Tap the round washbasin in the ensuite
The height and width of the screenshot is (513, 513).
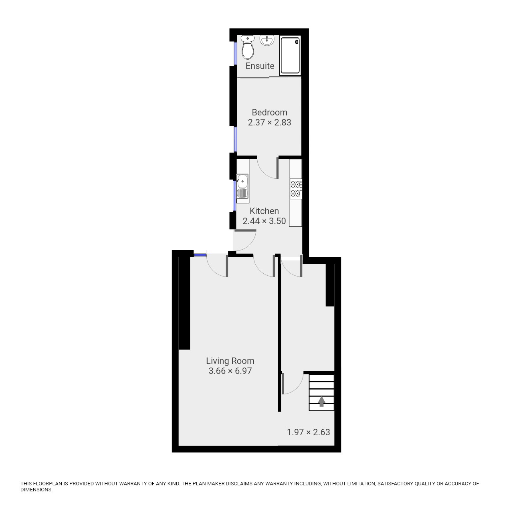click(x=267, y=40)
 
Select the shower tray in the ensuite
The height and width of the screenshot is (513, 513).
click(x=290, y=56)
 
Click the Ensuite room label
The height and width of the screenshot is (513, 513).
click(x=260, y=66)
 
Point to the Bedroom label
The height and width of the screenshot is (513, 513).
click(x=269, y=113)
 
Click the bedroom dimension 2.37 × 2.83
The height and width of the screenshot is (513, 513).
click(x=269, y=123)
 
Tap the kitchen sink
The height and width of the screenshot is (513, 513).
click(x=242, y=186)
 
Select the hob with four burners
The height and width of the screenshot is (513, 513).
click(x=296, y=189)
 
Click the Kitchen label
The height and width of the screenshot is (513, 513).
click(x=264, y=211)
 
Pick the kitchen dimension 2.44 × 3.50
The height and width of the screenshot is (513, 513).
click(x=264, y=221)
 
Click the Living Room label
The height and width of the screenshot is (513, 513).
click(x=230, y=361)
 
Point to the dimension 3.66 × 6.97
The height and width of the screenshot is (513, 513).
click(x=230, y=371)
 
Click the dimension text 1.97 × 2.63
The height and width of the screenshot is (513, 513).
click(x=308, y=432)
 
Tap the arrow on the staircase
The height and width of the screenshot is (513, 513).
click(x=321, y=401)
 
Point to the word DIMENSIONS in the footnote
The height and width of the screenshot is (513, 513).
click(x=36, y=490)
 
